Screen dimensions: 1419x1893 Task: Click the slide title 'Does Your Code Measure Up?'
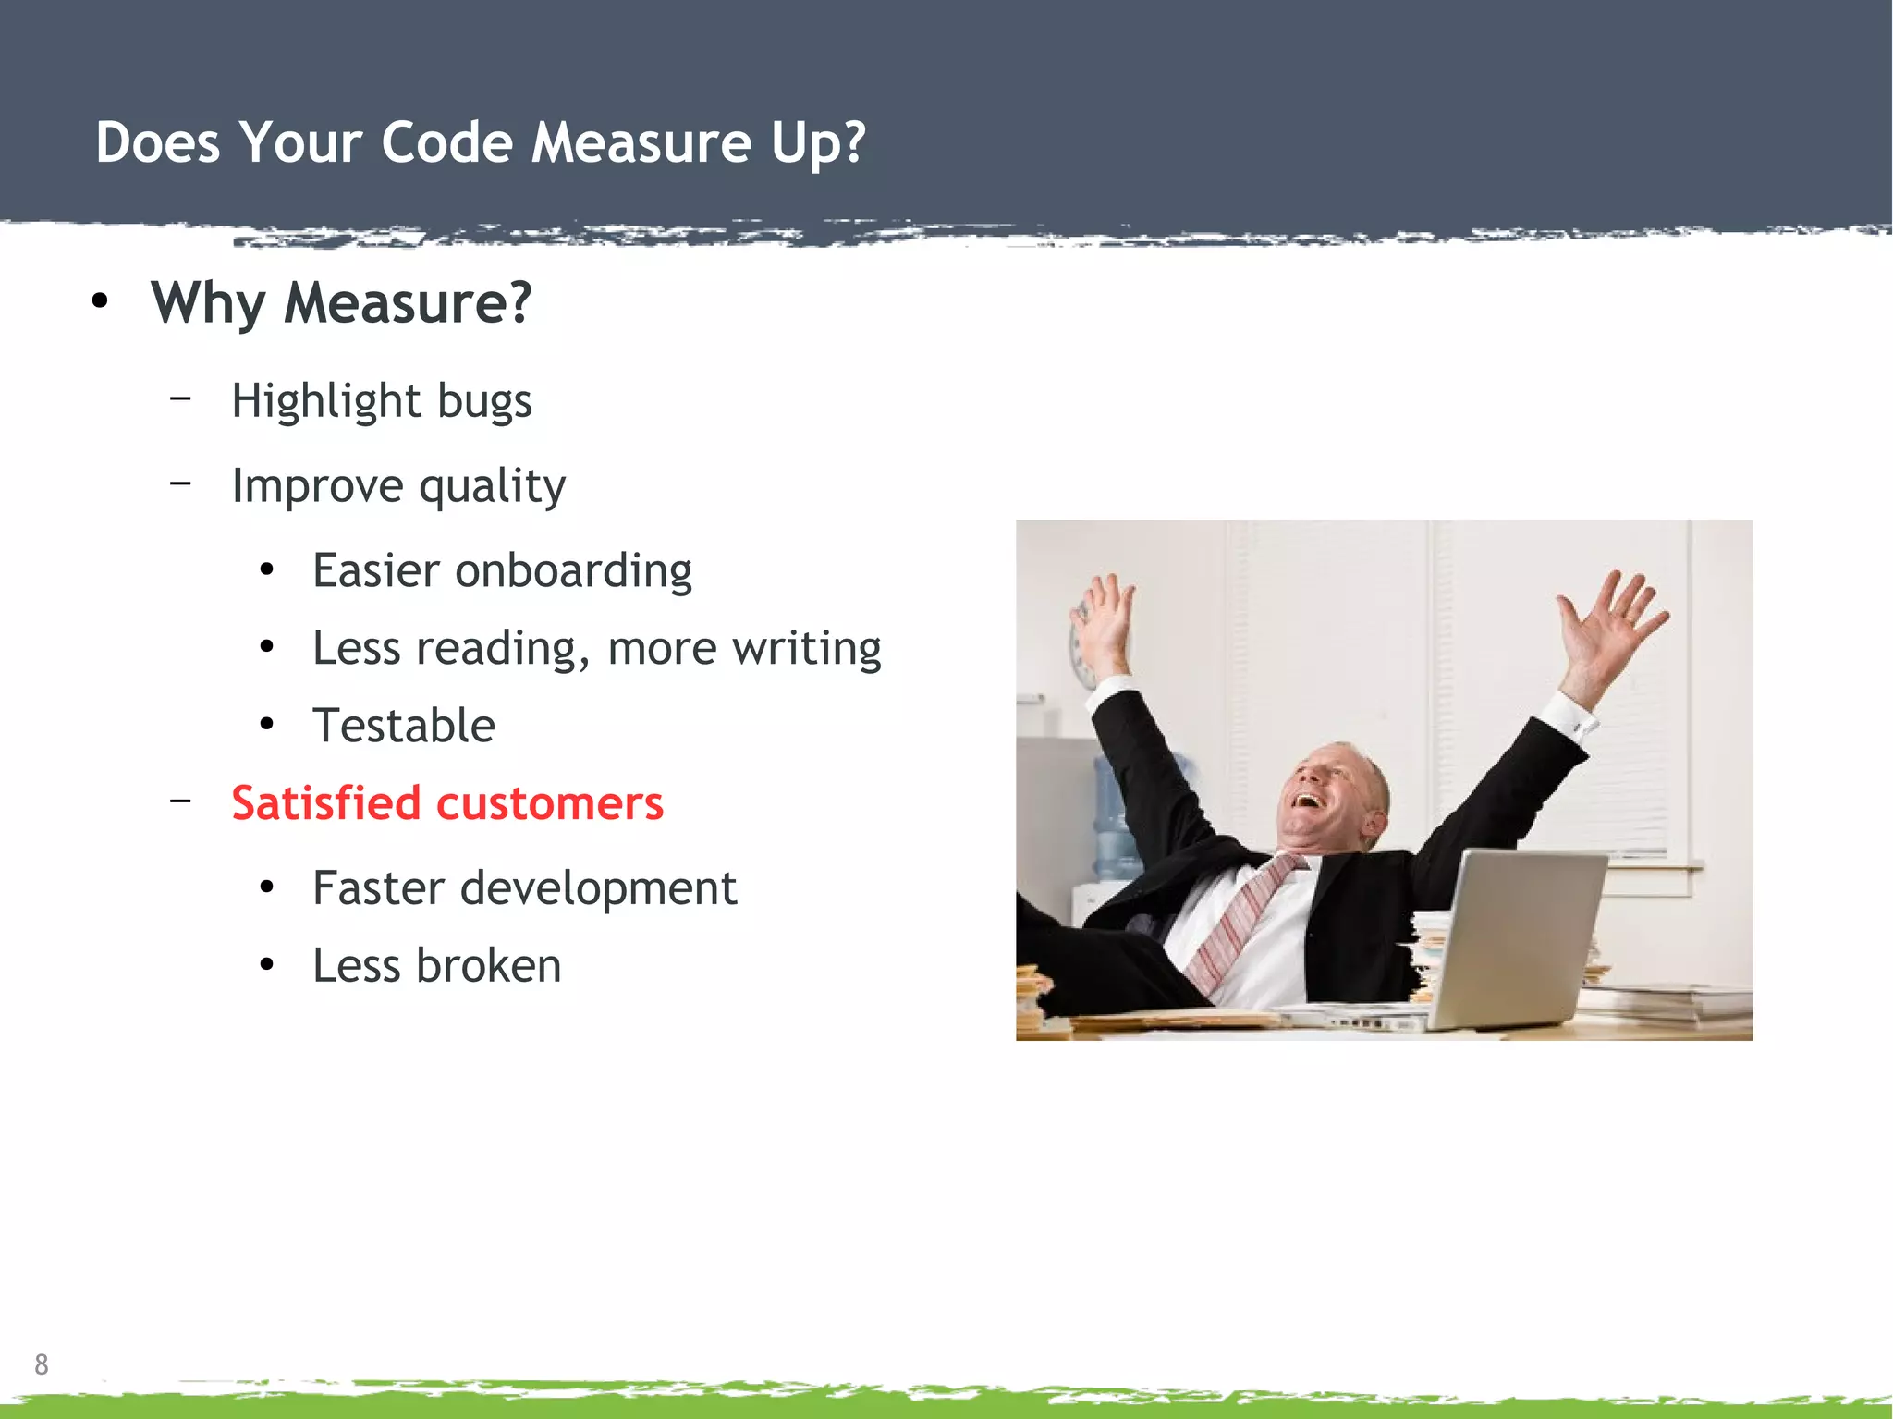(x=481, y=143)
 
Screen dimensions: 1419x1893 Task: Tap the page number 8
(x=42, y=1364)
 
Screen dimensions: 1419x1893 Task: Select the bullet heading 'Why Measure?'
(x=341, y=303)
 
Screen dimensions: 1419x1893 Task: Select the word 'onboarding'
(x=573, y=570)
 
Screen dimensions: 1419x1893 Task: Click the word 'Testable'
(x=404, y=726)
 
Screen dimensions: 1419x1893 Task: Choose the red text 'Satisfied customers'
(x=447, y=802)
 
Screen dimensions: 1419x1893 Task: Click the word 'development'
(x=598, y=889)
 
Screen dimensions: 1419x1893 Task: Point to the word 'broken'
(x=488, y=966)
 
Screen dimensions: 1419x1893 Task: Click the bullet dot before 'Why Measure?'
(x=100, y=300)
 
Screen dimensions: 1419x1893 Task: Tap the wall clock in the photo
(x=1080, y=647)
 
